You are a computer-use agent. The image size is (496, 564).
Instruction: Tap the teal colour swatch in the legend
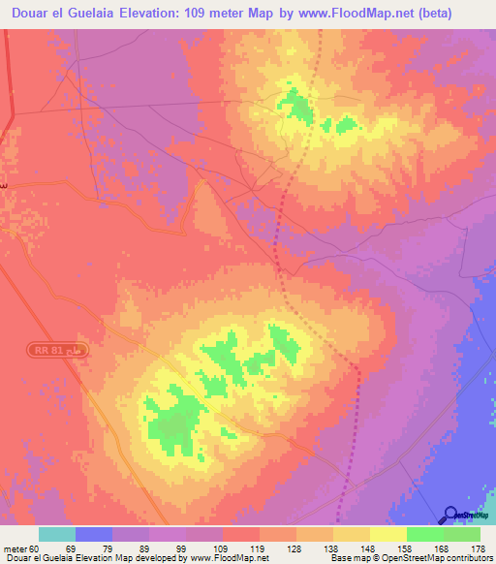pyautogui.click(x=57, y=534)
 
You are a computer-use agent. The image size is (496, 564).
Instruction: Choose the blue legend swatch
pyautogui.click(x=94, y=534)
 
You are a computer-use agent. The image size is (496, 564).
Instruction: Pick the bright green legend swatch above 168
pyautogui.click(x=425, y=534)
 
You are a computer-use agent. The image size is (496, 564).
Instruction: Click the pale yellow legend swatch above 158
pyautogui.click(x=388, y=534)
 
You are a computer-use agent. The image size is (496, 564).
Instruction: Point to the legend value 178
pyautogui.click(x=478, y=548)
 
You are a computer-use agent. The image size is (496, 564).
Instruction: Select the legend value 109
pyautogui.click(x=220, y=548)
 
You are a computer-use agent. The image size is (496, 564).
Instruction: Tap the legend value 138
pyautogui.click(x=330, y=548)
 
